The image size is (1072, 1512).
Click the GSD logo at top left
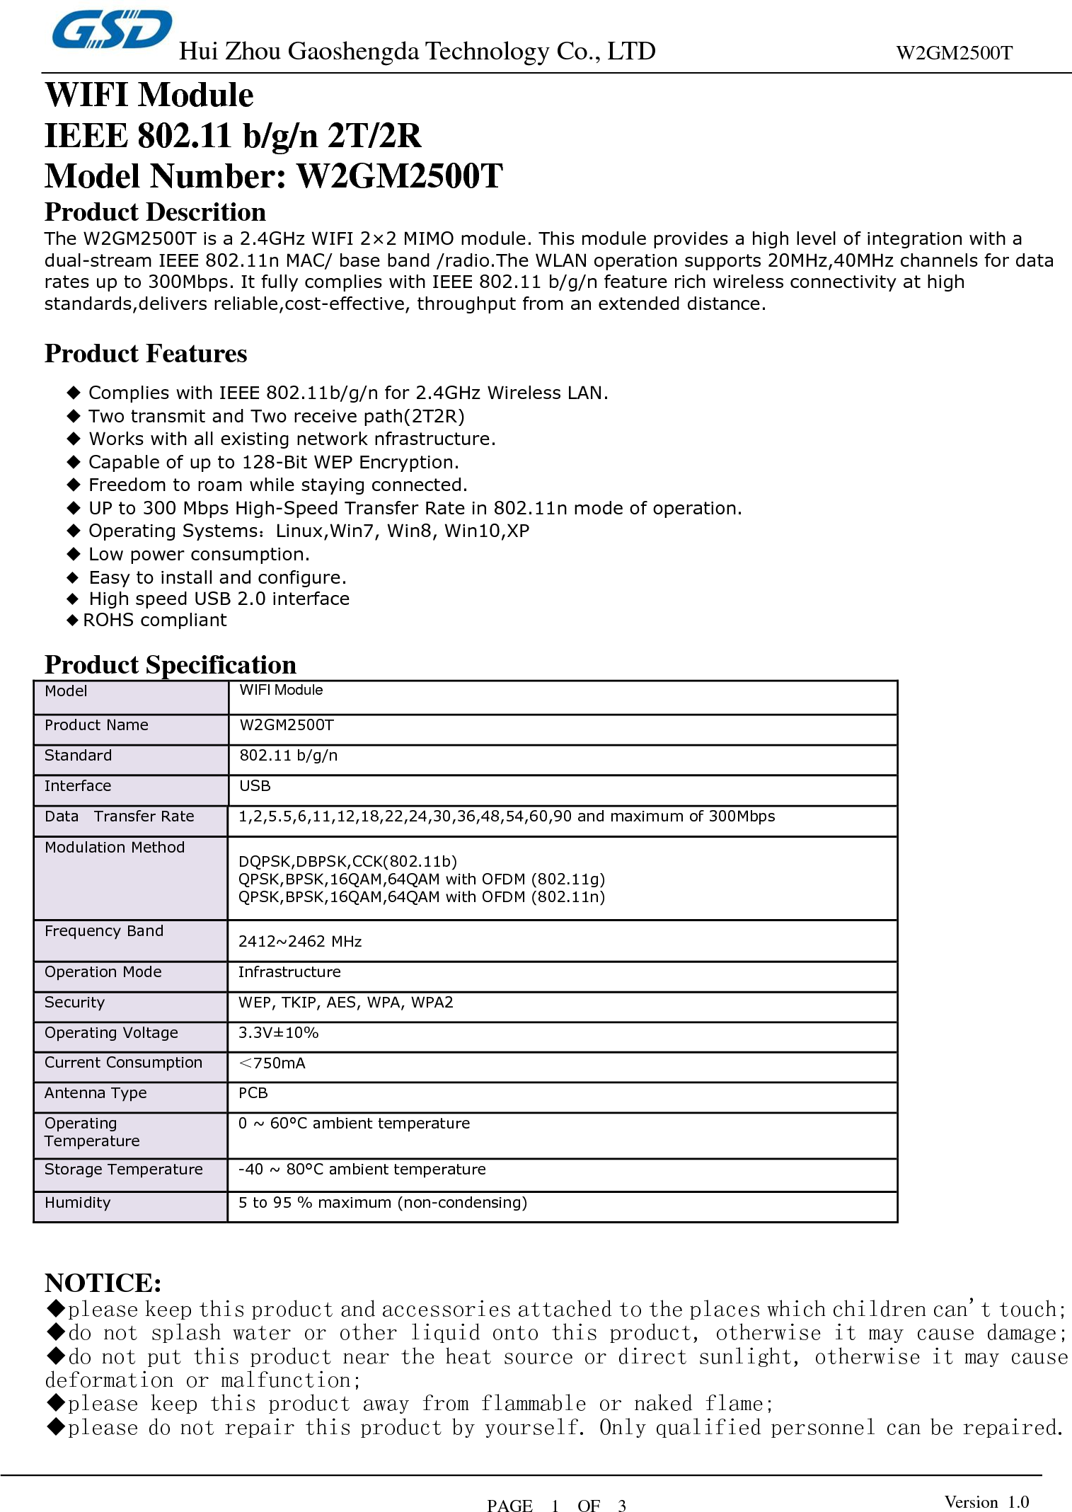(x=112, y=30)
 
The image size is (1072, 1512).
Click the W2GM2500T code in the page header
(x=953, y=53)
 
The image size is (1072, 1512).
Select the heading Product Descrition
(x=155, y=212)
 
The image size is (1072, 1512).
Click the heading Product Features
(x=146, y=354)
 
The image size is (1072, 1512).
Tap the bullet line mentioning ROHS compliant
(x=154, y=621)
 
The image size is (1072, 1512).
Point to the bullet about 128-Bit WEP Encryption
(x=273, y=463)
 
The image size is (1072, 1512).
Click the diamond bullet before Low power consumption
(x=74, y=554)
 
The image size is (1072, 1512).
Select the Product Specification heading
(x=170, y=665)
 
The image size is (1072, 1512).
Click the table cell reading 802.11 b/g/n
(x=288, y=756)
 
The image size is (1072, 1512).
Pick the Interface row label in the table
(x=78, y=786)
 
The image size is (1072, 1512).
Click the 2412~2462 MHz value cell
(x=300, y=942)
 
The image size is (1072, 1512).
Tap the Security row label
(x=74, y=1003)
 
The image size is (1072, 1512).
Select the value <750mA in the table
(x=272, y=1063)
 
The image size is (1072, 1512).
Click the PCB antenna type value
(x=253, y=1093)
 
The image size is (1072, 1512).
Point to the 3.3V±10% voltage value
(x=278, y=1033)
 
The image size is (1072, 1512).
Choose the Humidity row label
(x=77, y=1203)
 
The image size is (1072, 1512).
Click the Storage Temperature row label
(x=123, y=1170)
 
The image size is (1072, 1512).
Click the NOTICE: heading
(x=103, y=1283)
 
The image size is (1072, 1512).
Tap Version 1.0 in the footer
(x=986, y=1502)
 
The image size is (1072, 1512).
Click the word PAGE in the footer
(x=509, y=1506)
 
